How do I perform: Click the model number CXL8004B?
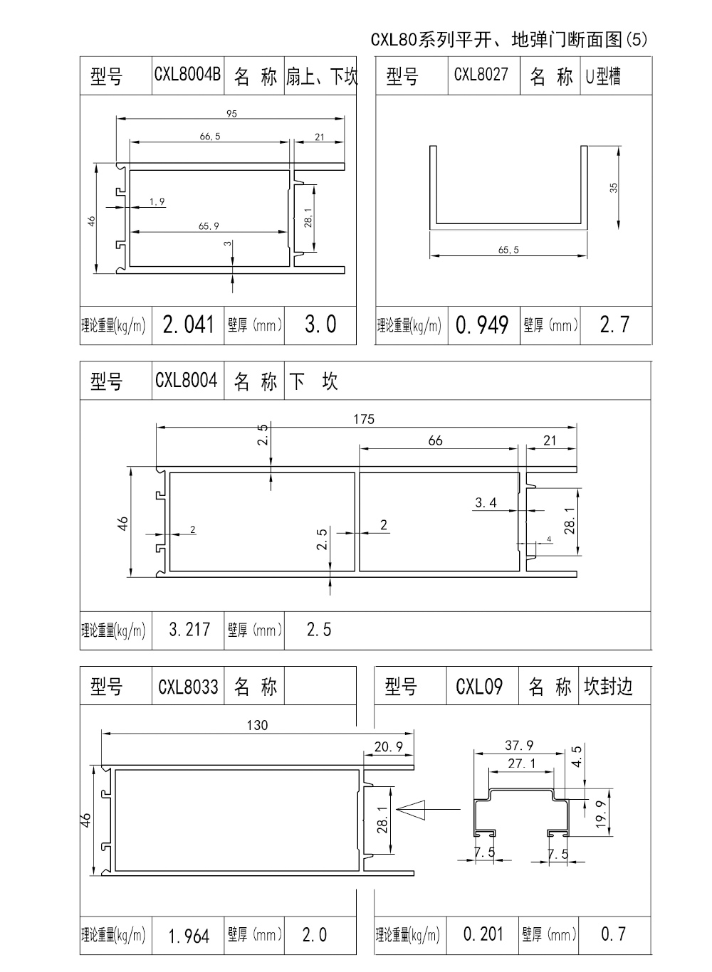click(188, 75)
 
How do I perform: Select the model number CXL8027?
click(481, 75)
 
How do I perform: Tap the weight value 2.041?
click(188, 325)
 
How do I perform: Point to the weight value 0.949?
click(482, 325)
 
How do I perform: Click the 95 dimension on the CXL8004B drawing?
click(231, 113)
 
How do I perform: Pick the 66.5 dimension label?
click(209, 136)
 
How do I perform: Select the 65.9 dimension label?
click(209, 226)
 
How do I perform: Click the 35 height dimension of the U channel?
click(614, 188)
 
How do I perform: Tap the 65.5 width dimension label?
click(508, 250)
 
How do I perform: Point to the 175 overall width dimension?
click(363, 419)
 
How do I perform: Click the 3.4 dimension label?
click(486, 503)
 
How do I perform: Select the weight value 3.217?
click(189, 630)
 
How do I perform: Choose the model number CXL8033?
click(188, 687)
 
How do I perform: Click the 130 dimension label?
click(257, 725)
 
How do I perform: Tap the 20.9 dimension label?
click(389, 746)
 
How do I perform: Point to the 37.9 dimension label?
click(519, 745)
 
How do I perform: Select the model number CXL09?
click(479, 687)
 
